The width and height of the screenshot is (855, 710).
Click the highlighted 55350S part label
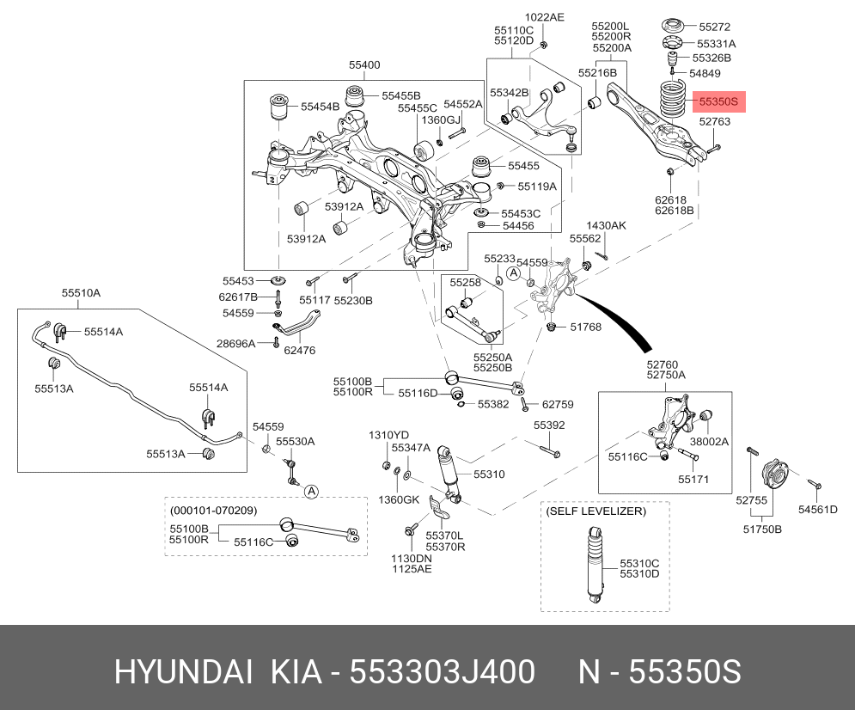[x=718, y=101]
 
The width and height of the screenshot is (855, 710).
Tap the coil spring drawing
[x=674, y=99]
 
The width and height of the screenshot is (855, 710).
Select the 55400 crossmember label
[x=364, y=64]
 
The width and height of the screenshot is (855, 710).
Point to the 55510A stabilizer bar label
[x=81, y=293]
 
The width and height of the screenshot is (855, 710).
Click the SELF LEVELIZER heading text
[x=596, y=511]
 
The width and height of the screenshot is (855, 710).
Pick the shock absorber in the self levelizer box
[x=595, y=565]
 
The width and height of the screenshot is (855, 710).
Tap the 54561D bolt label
[x=817, y=510]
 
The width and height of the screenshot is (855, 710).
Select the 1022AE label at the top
[x=544, y=17]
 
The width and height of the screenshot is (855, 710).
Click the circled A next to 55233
[x=514, y=273]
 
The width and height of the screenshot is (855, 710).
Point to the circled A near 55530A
[x=311, y=492]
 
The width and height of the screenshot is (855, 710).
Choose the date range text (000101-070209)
[x=213, y=511]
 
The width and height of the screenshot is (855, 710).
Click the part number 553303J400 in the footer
[x=443, y=671]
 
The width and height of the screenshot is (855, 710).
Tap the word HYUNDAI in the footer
[x=183, y=671]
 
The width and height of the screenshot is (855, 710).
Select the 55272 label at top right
[x=714, y=27]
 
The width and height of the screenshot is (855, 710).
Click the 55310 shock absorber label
[x=489, y=474]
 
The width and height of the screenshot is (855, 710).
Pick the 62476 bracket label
[x=299, y=351]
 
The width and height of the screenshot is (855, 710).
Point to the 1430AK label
[x=606, y=225]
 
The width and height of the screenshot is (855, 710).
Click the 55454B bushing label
[x=320, y=107]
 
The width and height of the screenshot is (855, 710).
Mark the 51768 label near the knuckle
[x=586, y=327]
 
